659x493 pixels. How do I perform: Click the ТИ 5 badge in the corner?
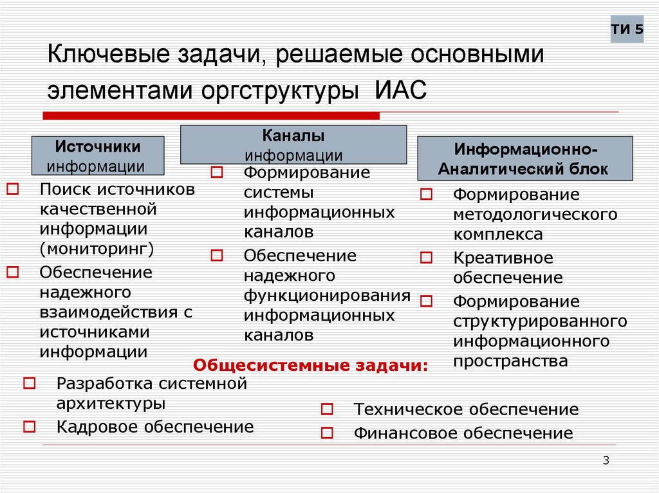(x=627, y=30)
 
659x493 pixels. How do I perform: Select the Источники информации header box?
(x=98, y=156)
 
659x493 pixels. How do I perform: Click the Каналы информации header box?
(x=293, y=145)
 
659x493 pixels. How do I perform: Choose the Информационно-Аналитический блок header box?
(x=526, y=159)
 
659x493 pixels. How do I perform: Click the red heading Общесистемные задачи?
(x=311, y=366)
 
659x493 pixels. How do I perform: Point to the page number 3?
(x=606, y=460)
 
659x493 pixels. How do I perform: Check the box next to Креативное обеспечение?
(x=426, y=258)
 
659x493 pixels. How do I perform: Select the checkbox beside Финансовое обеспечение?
(x=327, y=433)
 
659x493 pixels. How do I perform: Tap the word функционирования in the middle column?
(x=327, y=296)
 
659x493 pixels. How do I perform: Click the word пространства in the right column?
(x=510, y=361)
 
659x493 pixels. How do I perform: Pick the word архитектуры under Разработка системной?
(x=111, y=404)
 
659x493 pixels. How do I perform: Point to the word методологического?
(x=535, y=214)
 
